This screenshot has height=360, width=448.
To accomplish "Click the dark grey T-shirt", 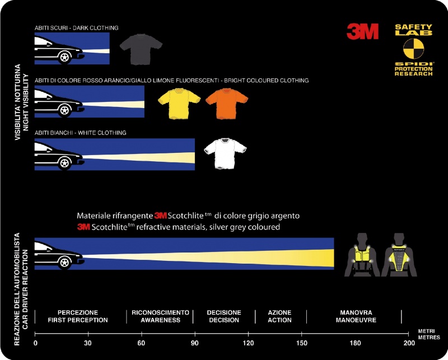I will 141,49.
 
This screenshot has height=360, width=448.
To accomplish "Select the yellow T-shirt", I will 178,102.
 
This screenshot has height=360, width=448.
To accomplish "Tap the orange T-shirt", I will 226,102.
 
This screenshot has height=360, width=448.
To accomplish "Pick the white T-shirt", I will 225,153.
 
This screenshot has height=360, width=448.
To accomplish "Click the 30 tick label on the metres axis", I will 87,343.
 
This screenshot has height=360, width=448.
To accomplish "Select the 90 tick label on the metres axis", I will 195,343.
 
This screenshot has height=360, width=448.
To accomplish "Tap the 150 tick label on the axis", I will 302,343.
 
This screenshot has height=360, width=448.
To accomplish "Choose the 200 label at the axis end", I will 409,343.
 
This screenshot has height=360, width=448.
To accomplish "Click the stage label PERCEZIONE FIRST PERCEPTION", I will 78,316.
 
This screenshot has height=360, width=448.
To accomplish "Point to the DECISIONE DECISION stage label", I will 224,316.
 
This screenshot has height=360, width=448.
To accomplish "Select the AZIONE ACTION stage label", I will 279,316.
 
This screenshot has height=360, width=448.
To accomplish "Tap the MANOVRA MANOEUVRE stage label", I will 356,316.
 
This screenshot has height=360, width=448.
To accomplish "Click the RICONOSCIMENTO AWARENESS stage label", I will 161,316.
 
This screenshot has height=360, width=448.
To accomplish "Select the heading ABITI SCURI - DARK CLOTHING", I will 77,27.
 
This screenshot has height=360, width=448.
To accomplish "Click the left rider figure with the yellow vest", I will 363,255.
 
